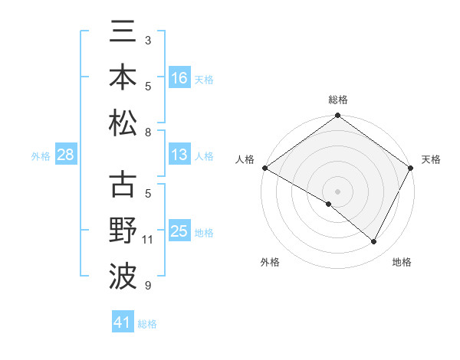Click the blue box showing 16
pos(179,78)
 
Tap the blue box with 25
pos(179,231)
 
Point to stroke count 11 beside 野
pos(148,240)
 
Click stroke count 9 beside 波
pos(148,286)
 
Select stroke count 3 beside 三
pos(148,39)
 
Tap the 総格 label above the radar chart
pos(338,100)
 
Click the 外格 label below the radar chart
pos(271,262)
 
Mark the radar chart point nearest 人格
pos(264,168)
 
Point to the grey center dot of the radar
pos(338,190)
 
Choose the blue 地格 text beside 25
pos(204,232)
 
